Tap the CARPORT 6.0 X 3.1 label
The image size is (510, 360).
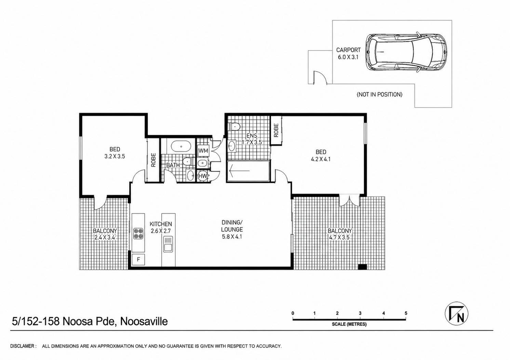click(x=348, y=54)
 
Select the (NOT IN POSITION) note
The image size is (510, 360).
click(x=379, y=94)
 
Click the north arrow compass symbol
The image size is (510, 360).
click(x=456, y=313)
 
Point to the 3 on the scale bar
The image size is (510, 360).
click(x=360, y=313)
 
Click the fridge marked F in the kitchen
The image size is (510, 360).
click(x=138, y=259)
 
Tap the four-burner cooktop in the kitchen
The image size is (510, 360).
click(x=138, y=234)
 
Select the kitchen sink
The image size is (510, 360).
click(x=168, y=244)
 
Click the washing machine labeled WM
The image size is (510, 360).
click(x=203, y=151)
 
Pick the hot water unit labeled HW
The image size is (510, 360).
click(x=202, y=176)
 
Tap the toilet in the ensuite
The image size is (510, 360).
click(x=234, y=126)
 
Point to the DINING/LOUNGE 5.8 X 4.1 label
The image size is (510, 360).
click(x=232, y=230)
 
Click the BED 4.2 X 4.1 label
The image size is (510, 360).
click(x=321, y=155)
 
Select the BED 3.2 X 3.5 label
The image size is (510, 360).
click(x=115, y=153)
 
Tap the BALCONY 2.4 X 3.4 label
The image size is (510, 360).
click(x=105, y=234)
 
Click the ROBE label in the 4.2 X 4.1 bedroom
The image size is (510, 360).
click(x=276, y=130)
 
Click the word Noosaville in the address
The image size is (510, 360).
click(x=144, y=322)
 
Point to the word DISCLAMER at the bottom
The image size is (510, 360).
click(x=22, y=346)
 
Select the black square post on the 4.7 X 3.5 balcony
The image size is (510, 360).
click(x=362, y=267)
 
